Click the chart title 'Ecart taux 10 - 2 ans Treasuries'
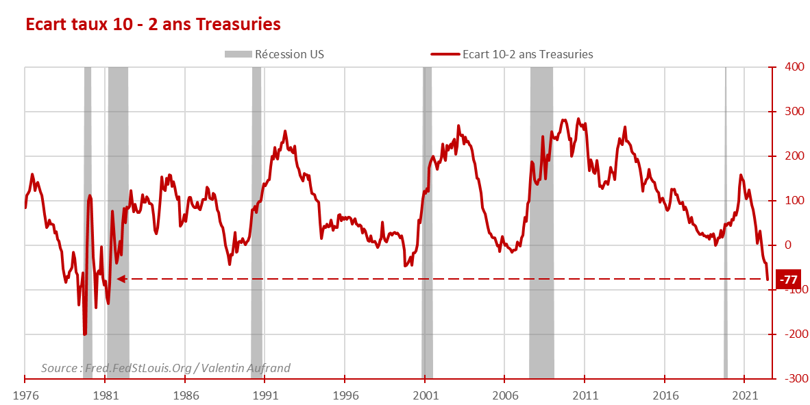point(153,24)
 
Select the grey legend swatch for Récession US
point(237,54)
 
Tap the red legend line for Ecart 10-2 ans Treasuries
point(445,54)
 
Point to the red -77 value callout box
point(789,280)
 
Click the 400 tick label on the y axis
point(794,67)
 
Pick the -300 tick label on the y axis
point(793,378)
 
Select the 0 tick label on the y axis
point(788,245)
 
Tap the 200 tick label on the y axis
point(794,156)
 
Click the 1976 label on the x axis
point(25,396)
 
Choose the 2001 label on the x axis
point(426,396)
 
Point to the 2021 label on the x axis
point(746,396)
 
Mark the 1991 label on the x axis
point(265,396)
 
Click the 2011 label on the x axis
point(585,396)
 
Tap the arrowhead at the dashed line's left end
point(121,279)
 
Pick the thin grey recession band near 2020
point(726,206)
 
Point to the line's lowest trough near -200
point(85,334)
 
